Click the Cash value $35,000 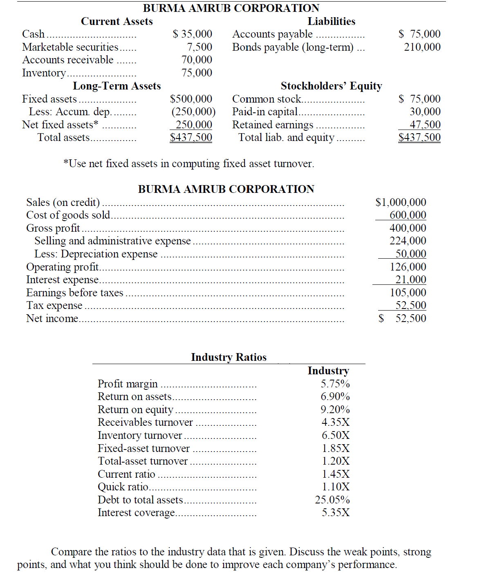click(x=192, y=34)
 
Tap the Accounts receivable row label click(x=68, y=60)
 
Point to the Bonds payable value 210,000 click(x=422, y=47)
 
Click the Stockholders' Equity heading click(x=331, y=86)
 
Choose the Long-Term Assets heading click(x=117, y=86)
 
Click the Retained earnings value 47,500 click(x=425, y=125)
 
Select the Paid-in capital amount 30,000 click(x=425, y=112)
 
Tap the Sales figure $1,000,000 click(x=401, y=202)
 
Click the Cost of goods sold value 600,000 click(x=408, y=215)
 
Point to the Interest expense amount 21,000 click(x=410, y=280)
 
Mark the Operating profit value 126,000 click(x=408, y=267)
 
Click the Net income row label click(x=52, y=318)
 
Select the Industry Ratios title click(x=229, y=357)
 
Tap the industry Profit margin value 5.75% click(x=335, y=384)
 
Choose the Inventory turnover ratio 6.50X click(x=335, y=435)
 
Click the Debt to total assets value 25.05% click(x=332, y=500)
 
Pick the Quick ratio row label click(x=123, y=487)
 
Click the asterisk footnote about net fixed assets click(x=188, y=163)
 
